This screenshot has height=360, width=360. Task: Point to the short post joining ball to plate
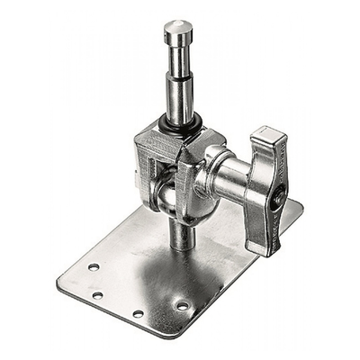[x=179, y=236]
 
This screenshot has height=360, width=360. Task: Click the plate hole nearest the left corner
[x=93, y=267]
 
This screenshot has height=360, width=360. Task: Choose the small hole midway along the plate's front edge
[x=137, y=314]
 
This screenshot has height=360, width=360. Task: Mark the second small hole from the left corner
[x=97, y=294]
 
